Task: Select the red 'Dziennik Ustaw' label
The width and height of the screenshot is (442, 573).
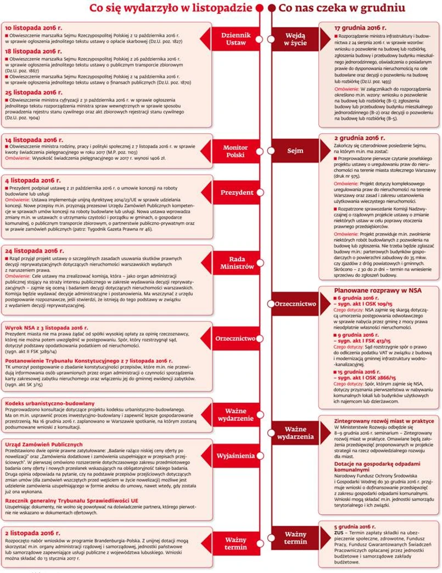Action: pos(236,38)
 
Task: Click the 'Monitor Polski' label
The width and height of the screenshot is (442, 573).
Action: pos(236,151)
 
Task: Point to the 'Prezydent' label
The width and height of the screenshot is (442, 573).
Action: pos(237,193)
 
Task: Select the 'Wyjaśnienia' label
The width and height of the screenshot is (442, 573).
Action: pos(236,456)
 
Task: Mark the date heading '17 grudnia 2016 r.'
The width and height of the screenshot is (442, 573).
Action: pos(360,27)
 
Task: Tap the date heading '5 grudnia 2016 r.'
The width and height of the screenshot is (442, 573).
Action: pos(355,526)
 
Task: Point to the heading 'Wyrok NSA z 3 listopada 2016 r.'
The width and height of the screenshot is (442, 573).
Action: pos(47,327)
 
